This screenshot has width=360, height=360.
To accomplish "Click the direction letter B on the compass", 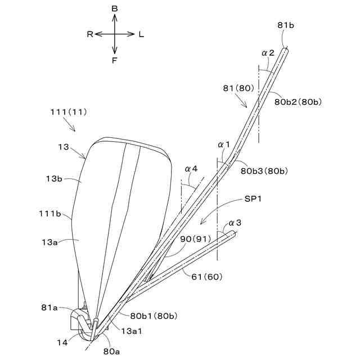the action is [115, 9].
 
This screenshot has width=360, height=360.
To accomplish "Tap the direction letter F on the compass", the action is [115, 60].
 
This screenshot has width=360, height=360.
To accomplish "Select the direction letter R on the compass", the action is [89, 34].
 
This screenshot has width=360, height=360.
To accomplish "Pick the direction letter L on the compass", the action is [141, 34].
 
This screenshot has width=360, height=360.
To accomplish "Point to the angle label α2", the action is [268, 53].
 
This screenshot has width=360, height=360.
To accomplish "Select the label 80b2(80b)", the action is [298, 102].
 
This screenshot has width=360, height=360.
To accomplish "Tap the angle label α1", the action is [225, 145].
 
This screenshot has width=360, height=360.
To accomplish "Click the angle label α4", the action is [191, 168].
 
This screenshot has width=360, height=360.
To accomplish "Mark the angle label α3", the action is [235, 223].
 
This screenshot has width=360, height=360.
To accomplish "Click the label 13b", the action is [54, 179].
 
